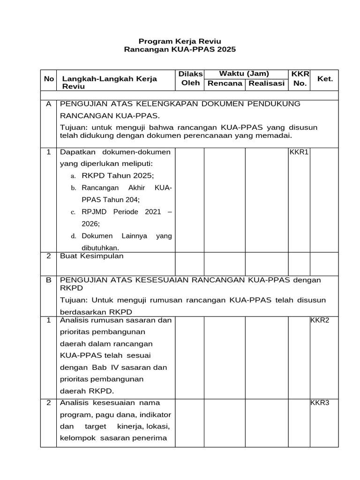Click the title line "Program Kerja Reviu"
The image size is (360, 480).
point(180,41)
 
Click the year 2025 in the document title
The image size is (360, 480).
point(226,50)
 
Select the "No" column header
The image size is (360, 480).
point(49,79)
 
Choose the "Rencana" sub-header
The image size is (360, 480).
point(225,83)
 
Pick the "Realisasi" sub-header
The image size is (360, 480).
point(266,83)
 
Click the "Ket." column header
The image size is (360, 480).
point(325,79)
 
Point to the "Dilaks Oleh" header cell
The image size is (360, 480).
point(190,78)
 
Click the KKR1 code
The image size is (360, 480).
point(299,152)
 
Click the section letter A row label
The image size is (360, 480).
point(48,104)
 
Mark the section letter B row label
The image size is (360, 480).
point(48,280)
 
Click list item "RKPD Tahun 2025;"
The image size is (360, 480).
point(118,175)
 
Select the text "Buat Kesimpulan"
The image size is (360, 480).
point(91,256)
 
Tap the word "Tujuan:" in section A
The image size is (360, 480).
point(75,128)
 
